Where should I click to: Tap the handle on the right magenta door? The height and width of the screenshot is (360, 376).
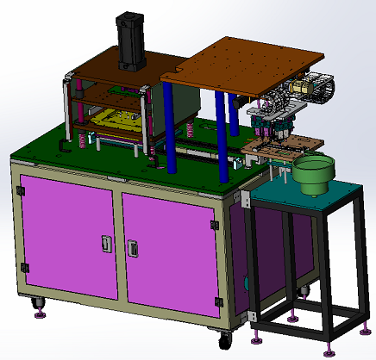click(x=134, y=247)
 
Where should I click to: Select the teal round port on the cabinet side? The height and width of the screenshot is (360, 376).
click(x=247, y=282)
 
